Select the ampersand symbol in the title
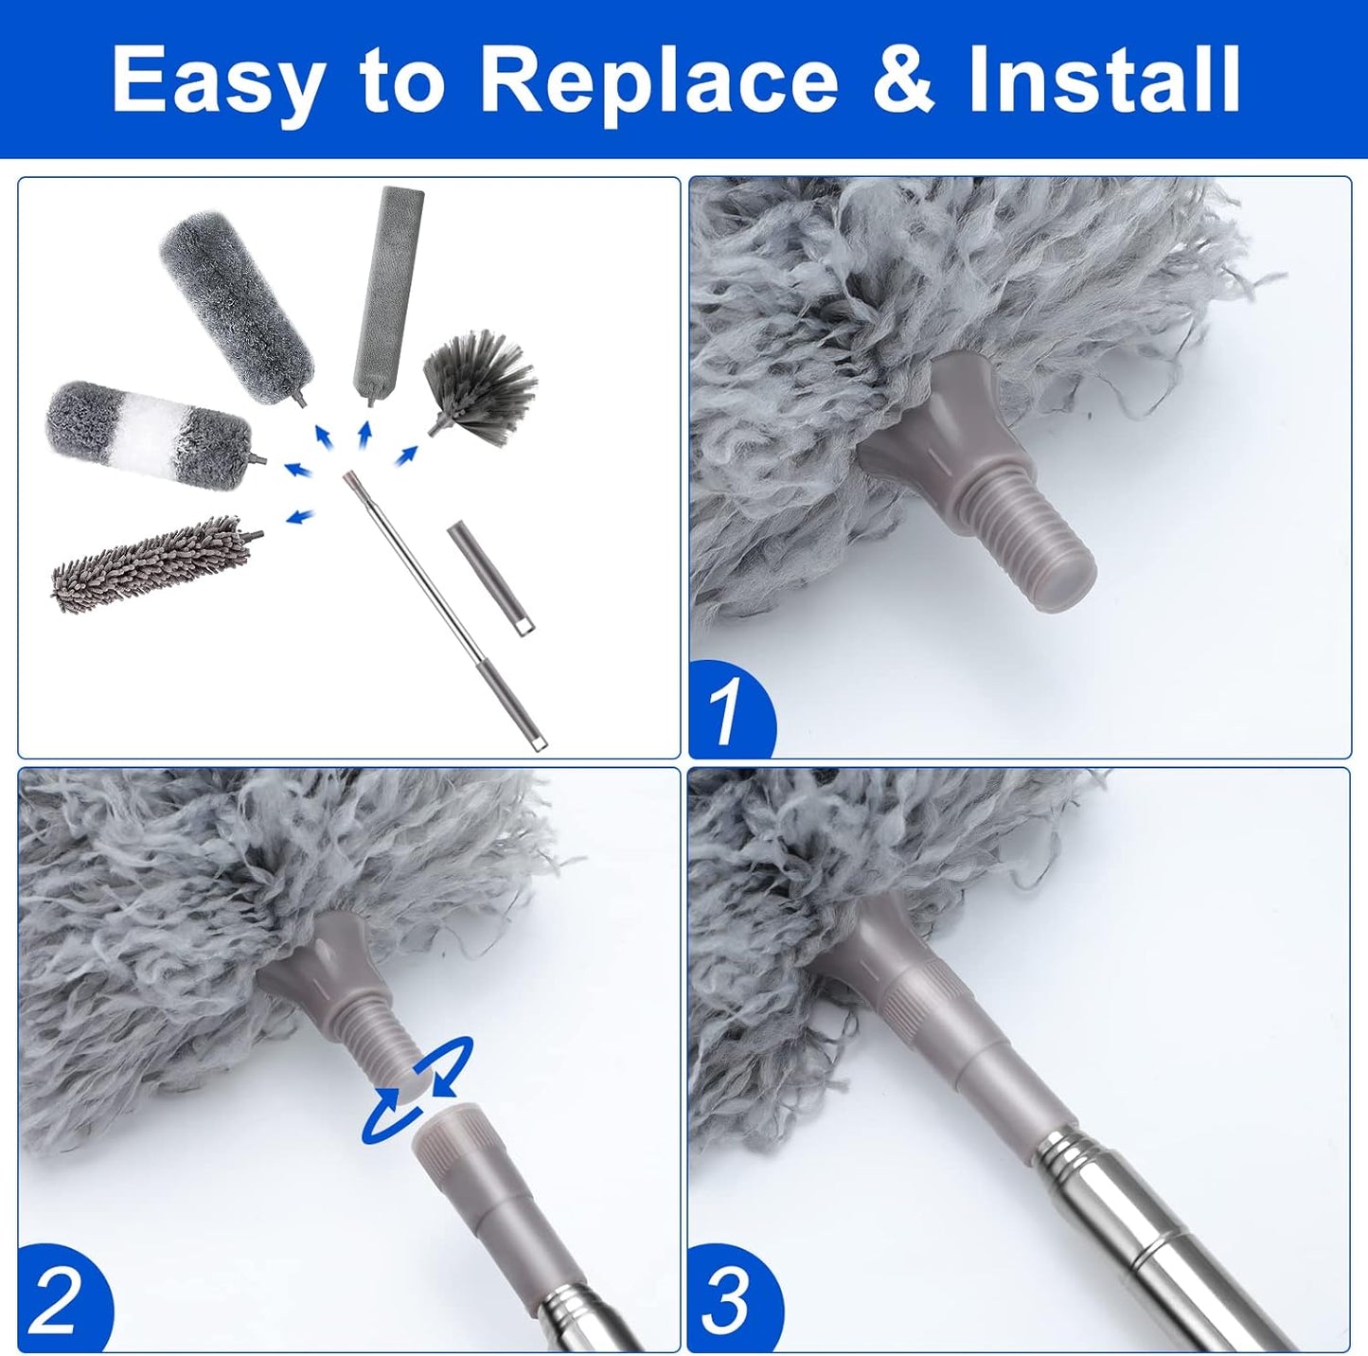(x=902, y=80)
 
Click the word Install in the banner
(x=1104, y=80)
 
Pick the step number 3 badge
(x=729, y=1302)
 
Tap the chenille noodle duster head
(x=151, y=564)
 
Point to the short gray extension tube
(x=489, y=579)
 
